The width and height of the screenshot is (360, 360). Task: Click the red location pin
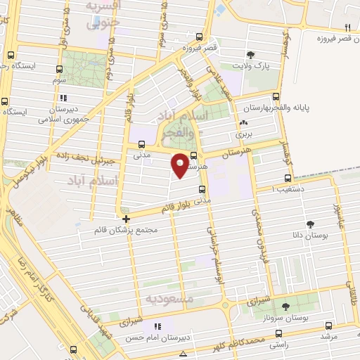coord(181,164)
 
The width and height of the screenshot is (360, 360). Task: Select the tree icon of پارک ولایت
coord(250,56)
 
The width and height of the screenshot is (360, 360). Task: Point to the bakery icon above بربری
coord(243,121)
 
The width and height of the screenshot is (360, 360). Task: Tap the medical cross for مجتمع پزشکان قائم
coord(126,219)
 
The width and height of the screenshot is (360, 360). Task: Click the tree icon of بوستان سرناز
coord(285,307)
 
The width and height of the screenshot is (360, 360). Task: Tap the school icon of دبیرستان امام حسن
coord(157,326)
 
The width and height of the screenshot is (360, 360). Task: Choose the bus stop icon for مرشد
coord(329,326)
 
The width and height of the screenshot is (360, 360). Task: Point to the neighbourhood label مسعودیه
coord(169,299)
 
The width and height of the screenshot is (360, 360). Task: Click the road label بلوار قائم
coord(176,207)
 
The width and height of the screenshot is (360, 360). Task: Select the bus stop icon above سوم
coord(59,70)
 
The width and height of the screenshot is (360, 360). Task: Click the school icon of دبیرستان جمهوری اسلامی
coord(64,98)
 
